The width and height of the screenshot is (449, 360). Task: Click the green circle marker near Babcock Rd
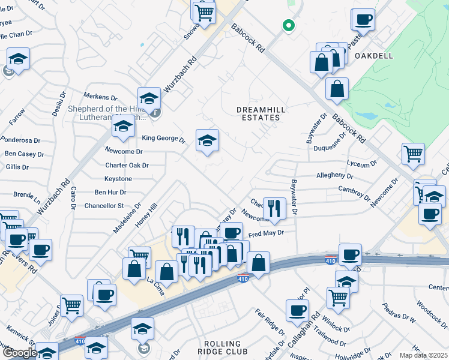(x=288, y=25)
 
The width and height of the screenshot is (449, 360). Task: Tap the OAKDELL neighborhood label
(x=373, y=55)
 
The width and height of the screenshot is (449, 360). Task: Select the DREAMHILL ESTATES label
(x=258, y=113)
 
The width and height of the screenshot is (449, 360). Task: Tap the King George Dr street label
(x=164, y=138)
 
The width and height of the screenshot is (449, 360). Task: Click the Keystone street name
(x=118, y=179)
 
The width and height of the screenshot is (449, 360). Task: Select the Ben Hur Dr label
(x=110, y=193)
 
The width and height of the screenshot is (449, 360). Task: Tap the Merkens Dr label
(x=100, y=97)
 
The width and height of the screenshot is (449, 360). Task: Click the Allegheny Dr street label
(x=335, y=176)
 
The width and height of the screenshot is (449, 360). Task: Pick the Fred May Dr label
(x=265, y=232)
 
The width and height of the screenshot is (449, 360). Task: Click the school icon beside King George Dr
(x=208, y=141)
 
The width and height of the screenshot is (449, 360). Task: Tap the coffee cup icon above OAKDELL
(x=363, y=20)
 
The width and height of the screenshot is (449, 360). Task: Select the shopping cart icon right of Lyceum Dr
(x=413, y=154)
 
